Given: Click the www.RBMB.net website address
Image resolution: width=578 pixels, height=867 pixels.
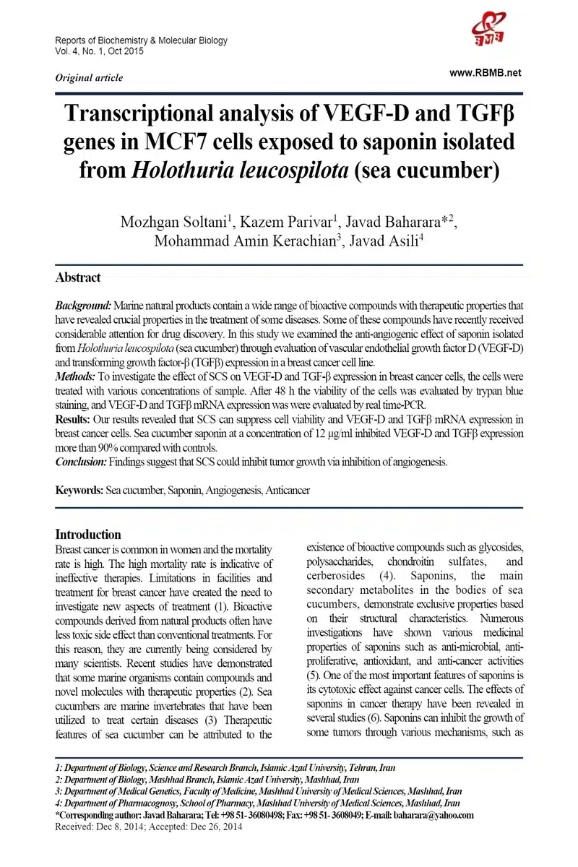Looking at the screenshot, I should [x=485, y=73].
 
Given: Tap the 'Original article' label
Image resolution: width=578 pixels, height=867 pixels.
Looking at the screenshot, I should [x=89, y=78].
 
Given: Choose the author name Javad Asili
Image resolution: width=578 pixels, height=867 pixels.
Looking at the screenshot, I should [x=381, y=241].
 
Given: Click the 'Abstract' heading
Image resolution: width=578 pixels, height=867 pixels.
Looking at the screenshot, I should [x=78, y=277].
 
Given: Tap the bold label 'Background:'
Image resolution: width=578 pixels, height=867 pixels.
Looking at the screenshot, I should [x=84, y=306].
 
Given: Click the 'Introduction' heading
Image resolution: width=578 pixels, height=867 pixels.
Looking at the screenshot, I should [x=88, y=535].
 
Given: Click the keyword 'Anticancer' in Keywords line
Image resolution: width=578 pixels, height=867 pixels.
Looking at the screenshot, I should [x=288, y=491].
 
